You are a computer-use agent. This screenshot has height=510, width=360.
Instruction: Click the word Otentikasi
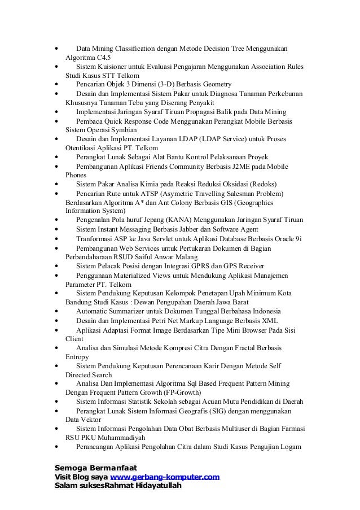pos(81,148)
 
